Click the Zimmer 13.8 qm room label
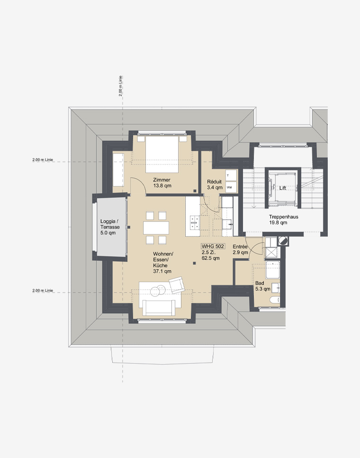coord(162,183)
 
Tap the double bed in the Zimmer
coord(162,155)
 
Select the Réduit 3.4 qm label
coord(215,184)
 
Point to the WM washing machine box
coord(231,187)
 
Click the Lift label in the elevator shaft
coord(283,188)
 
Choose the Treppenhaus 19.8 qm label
coord(283,220)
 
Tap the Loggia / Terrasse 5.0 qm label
coord(109,227)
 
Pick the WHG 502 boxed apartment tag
coord(213,246)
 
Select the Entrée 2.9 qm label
coord(240,249)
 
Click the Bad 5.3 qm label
coord(262,286)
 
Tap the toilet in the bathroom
coord(275,300)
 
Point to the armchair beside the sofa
coord(177,285)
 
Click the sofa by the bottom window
coord(160,307)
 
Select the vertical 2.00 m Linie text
coord(120,86)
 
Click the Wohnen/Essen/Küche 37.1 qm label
coord(162,262)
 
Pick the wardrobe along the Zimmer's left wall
coord(118,169)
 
